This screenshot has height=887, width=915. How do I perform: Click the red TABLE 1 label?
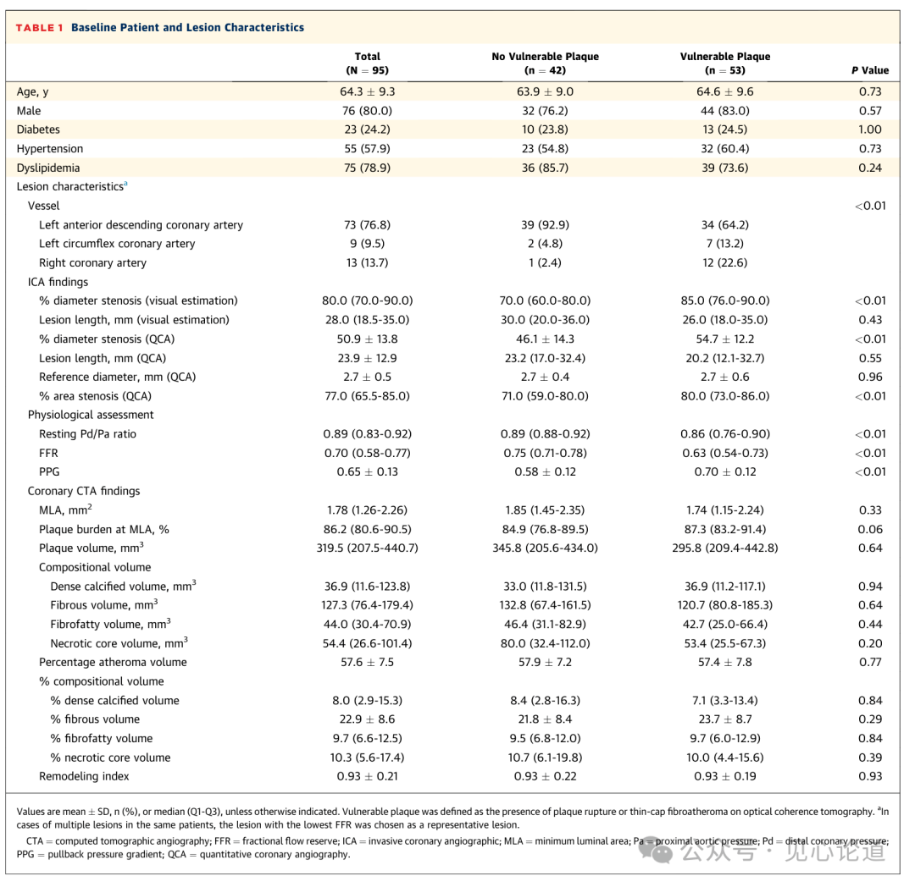(39, 27)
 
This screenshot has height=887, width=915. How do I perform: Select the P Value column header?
(870, 70)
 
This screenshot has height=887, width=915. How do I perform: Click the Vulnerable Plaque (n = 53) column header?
(724, 63)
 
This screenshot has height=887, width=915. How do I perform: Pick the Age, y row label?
(33, 92)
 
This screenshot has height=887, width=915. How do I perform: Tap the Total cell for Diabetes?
(367, 129)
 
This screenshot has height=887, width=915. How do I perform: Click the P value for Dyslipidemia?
(870, 168)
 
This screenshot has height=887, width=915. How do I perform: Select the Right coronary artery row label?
(93, 263)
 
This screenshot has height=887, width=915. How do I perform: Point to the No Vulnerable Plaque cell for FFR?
(545, 453)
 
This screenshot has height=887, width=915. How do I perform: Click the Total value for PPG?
(367, 472)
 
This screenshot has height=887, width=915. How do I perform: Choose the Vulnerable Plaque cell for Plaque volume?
(724, 548)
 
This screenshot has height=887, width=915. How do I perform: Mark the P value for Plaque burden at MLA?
(870, 529)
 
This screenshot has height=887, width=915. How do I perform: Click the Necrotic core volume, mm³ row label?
(119, 642)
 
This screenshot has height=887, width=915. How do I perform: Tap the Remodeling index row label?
(84, 776)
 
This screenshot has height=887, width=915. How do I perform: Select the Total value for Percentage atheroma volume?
(367, 662)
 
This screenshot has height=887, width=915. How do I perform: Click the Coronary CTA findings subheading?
(84, 491)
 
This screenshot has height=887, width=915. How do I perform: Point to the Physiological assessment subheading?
(91, 415)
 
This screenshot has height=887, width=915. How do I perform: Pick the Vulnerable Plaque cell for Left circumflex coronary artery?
(724, 244)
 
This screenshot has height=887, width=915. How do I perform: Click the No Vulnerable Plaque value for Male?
(545, 111)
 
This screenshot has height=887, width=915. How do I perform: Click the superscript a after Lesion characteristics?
(125, 185)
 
